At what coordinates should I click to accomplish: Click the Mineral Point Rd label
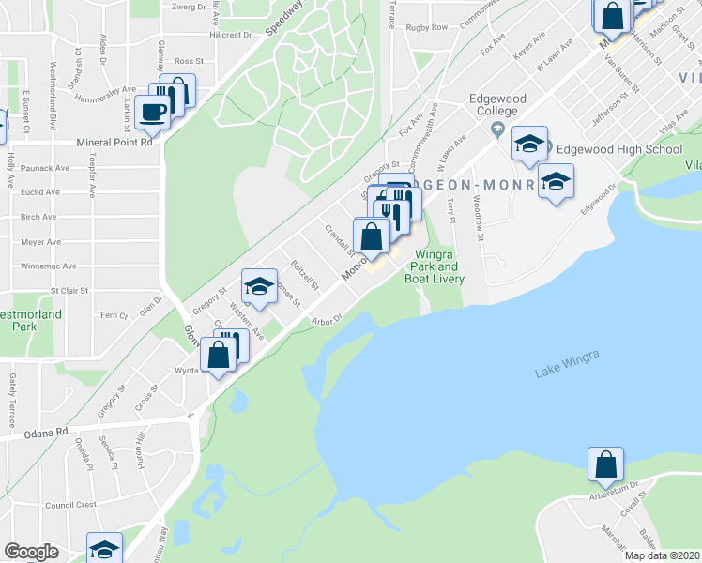tap(114, 144)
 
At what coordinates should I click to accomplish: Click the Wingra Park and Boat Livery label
tap(435, 266)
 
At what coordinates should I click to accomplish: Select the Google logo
tap(31, 552)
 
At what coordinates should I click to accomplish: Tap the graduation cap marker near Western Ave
tap(260, 286)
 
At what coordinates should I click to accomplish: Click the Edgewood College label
tap(499, 104)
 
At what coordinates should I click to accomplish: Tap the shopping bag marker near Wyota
tap(219, 357)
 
